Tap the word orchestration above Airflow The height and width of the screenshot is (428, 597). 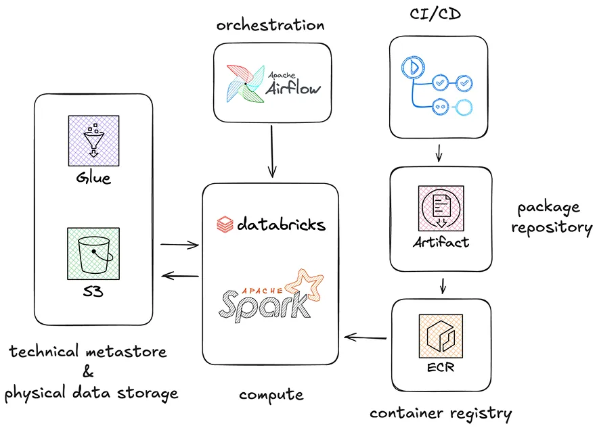pos(270,25)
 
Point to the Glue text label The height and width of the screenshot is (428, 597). pos(94,179)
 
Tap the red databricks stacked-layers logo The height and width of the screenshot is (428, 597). pos(225,224)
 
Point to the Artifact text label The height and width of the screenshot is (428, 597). pos(441,241)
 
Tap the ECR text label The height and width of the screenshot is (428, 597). pos(441,368)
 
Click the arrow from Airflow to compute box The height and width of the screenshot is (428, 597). pos(271,152)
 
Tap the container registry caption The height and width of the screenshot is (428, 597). pos(441,412)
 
